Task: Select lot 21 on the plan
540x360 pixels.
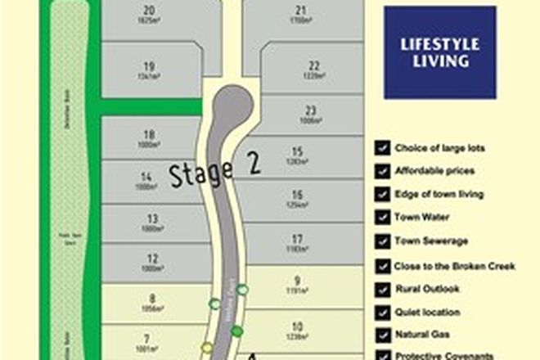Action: [x=301, y=10]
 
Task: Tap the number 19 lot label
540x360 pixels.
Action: [x=149, y=67]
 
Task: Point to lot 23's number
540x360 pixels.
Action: [x=310, y=110]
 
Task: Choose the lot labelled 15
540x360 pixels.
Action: [x=297, y=151]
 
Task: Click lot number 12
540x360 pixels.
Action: [x=152, y=259]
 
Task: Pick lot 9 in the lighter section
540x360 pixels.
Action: [x=297, y=280]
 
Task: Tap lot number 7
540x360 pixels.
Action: [x=147, y=338]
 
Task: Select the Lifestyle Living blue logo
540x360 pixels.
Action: [x=440, y=53]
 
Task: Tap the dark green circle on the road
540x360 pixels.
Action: [x=237, y=331]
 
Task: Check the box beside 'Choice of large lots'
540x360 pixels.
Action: [x=381, y=148]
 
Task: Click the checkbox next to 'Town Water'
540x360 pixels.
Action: [x=381, y=218]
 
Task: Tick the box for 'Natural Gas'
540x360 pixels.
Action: [x=381, y=335]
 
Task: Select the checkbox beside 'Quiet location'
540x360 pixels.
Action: [x=381, y=312]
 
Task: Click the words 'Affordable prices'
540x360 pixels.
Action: [x=434, y=172]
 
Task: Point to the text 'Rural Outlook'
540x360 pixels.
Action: [x=427, y=289]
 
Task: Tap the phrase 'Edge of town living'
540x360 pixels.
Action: [x=439, y=195]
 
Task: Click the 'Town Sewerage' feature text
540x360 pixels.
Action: [x=432, y=241]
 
